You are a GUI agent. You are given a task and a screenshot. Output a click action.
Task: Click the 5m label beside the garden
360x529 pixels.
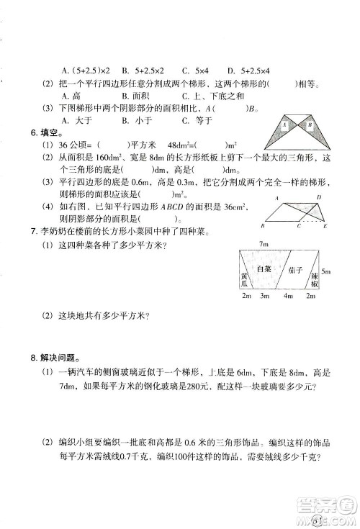coord(326,271)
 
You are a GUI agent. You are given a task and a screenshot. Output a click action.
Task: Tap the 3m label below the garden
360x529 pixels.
coord(264,297)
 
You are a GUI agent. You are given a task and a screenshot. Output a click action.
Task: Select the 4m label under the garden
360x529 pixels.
coord(289,297)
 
